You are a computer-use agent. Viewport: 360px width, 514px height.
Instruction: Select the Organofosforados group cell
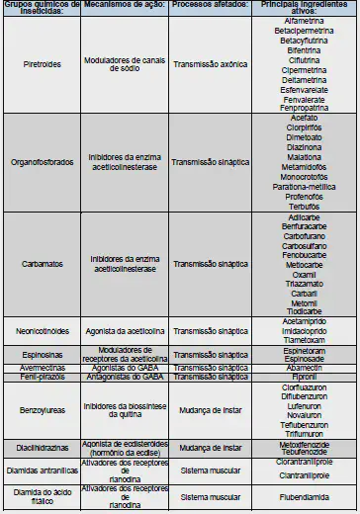click(x=43, y=161)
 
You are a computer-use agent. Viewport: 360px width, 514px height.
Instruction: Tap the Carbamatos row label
click(x=43, y=264)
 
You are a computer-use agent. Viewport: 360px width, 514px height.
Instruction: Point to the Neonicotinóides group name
click(x=43, y=330)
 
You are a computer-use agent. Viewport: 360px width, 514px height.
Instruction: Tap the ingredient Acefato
click(x=304, y=118)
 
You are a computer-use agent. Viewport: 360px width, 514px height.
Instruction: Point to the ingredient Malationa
click(x=304, y=156)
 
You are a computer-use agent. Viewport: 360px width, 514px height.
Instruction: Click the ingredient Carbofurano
click(x=304, y=236)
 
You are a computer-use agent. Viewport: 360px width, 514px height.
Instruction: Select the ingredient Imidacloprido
click(x=304, y=330)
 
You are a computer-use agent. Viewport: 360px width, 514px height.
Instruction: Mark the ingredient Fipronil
click(x=304, y=376)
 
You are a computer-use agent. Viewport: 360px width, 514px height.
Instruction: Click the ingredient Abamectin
click(x=304, y=366)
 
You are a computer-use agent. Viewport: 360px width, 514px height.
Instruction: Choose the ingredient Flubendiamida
click(x=304, y=496)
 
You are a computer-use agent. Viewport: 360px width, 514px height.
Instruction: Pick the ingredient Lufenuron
click(x=304, y=405)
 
